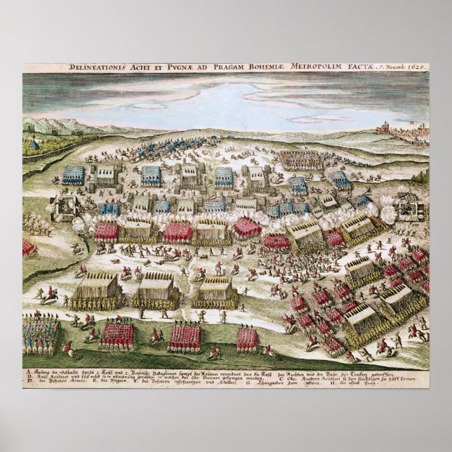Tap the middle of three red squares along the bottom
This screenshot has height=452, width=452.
[x=184, y=337]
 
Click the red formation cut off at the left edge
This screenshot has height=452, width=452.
[x=28, y=248]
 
